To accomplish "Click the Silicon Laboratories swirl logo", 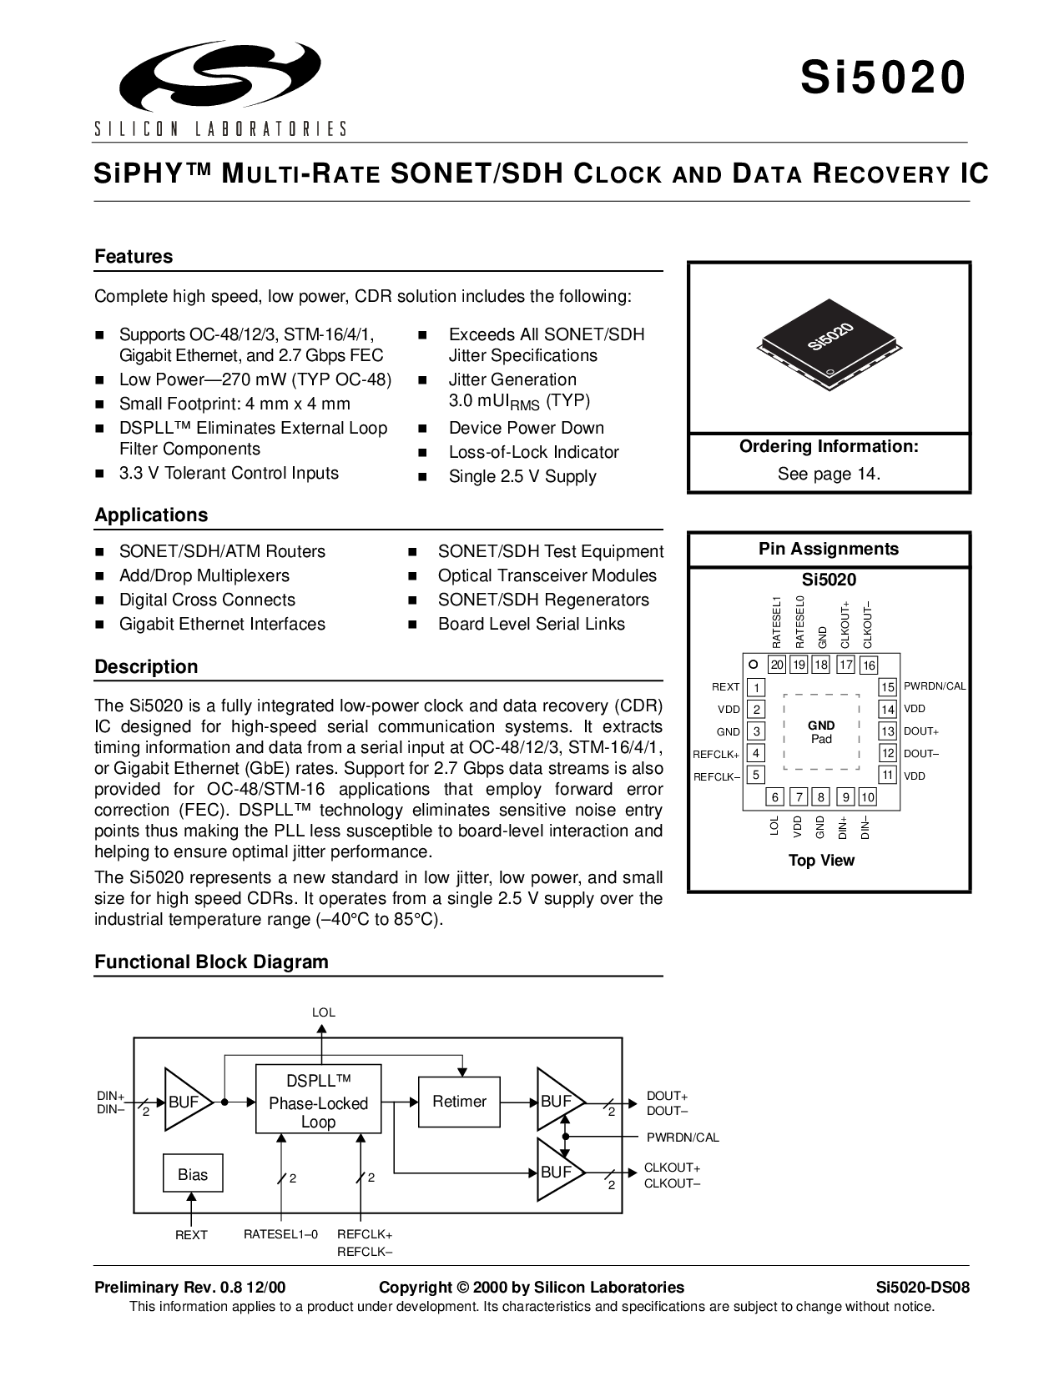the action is click(220, 76).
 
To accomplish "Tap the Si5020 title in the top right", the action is click(883, 78).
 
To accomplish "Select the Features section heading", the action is click(134, 257).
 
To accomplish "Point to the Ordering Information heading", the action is click(829, 446).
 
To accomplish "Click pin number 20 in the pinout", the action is click(777, 665).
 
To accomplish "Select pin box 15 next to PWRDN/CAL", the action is click(887, 687).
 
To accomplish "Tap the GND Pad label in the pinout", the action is click(821, 732).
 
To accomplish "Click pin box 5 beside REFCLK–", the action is click(755, 775).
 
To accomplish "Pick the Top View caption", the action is click(821, 861).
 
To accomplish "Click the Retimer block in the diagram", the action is click(460, 1102).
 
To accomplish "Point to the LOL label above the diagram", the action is click(323, 1012).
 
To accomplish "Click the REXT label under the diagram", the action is click(191, 1235).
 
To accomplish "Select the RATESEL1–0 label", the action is click(280, 1234).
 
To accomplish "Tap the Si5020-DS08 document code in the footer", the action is click(923, 1288).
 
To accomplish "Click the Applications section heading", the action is click(151, 515).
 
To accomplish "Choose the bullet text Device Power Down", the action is click(527, 428).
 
